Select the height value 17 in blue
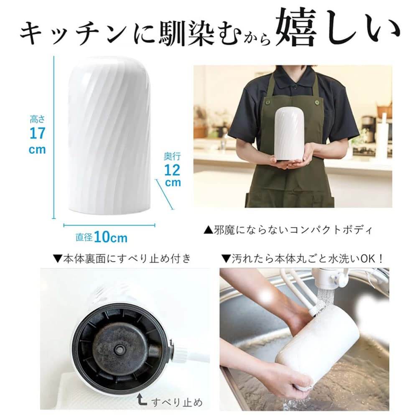click(37, 133)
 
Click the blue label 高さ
click(37, 119)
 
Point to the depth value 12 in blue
click(173, 170)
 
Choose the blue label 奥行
click(172, 157)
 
